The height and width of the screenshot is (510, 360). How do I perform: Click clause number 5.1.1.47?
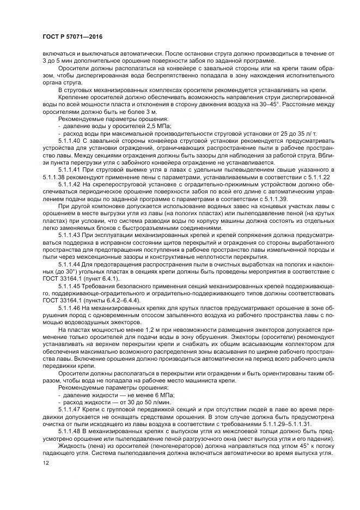[70, 408]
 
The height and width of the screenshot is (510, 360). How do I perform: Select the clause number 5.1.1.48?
[70, 430]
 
